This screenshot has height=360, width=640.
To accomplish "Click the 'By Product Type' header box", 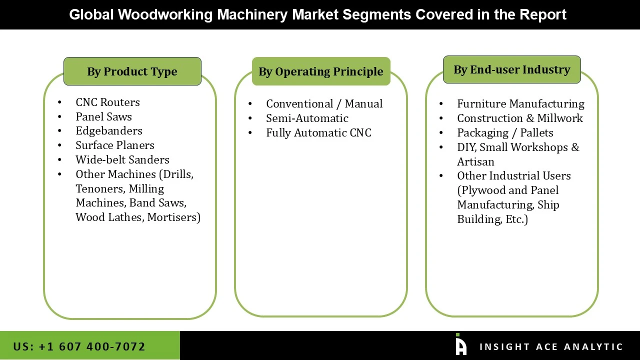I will (132, 71).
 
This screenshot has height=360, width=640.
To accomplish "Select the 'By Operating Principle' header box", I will (321, 71).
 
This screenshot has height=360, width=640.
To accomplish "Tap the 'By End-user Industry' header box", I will (511, 69).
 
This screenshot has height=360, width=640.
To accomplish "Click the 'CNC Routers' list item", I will (107, 102).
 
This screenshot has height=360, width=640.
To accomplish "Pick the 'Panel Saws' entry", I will (103, 117).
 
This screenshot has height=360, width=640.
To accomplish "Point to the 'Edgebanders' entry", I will (108, 131).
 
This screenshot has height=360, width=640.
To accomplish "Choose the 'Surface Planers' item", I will (114, 145).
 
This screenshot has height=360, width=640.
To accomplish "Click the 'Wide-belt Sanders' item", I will (122, 160).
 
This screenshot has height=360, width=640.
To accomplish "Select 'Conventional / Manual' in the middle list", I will (324, 104).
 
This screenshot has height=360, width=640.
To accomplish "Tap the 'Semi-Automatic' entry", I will (307, 118).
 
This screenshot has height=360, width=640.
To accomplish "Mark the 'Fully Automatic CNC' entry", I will (318, 133).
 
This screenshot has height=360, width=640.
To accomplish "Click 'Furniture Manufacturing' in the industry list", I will (520, 104).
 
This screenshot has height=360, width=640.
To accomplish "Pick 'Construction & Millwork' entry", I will (519, 118).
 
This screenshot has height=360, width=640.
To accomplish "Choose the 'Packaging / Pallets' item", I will (505, 133).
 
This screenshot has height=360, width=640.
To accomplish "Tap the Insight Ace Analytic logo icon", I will (460, 345).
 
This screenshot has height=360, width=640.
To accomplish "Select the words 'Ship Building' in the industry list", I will (508, 212).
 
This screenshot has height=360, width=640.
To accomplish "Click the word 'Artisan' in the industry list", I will (475, 162).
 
